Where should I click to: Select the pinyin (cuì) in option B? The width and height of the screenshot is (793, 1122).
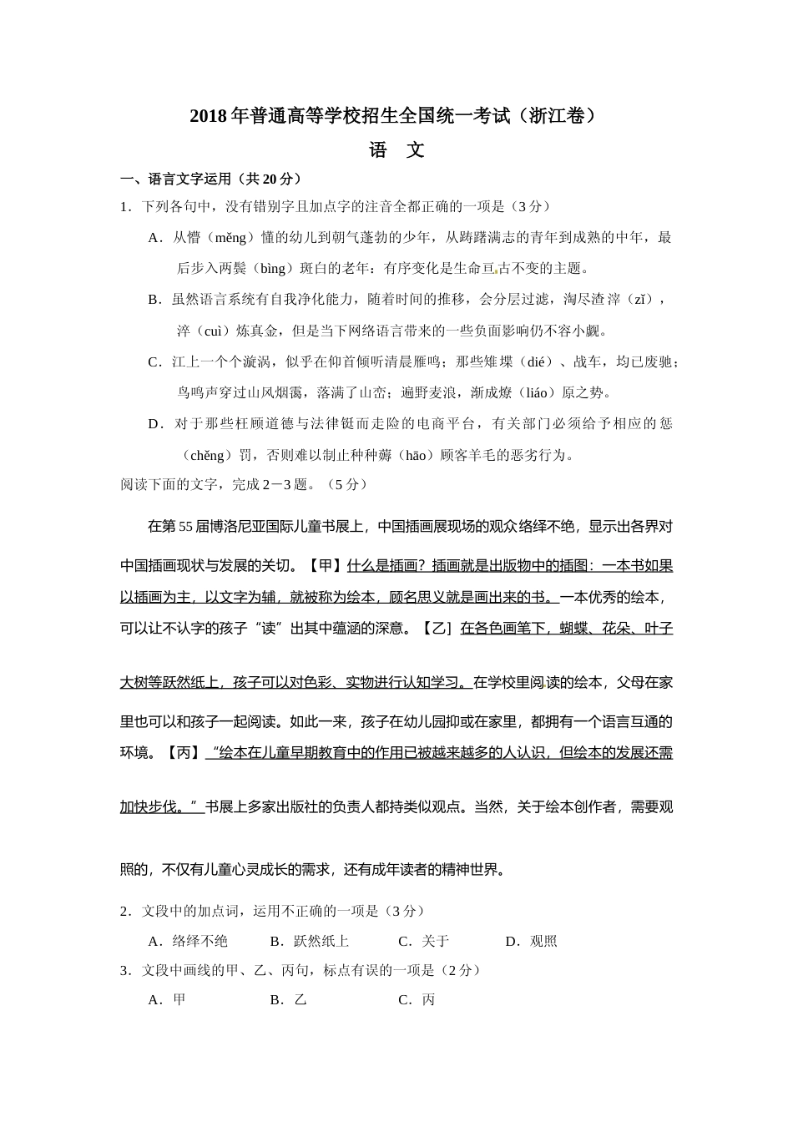click(x=209, y=331)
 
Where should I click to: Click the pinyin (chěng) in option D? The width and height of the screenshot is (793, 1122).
click(x=208, y=455)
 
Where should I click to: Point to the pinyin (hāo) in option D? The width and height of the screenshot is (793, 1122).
click(x=415, y=455)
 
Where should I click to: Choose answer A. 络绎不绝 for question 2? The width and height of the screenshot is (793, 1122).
click(x=188, y=941)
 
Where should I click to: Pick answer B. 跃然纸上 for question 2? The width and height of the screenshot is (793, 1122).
click(x=310, y=941)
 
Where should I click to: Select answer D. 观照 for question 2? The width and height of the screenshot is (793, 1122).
click(x=532, y=941)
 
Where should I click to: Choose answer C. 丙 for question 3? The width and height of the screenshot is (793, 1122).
click(x=417, y=999)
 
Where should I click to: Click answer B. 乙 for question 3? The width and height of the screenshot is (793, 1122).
click(x=289, y=999)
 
